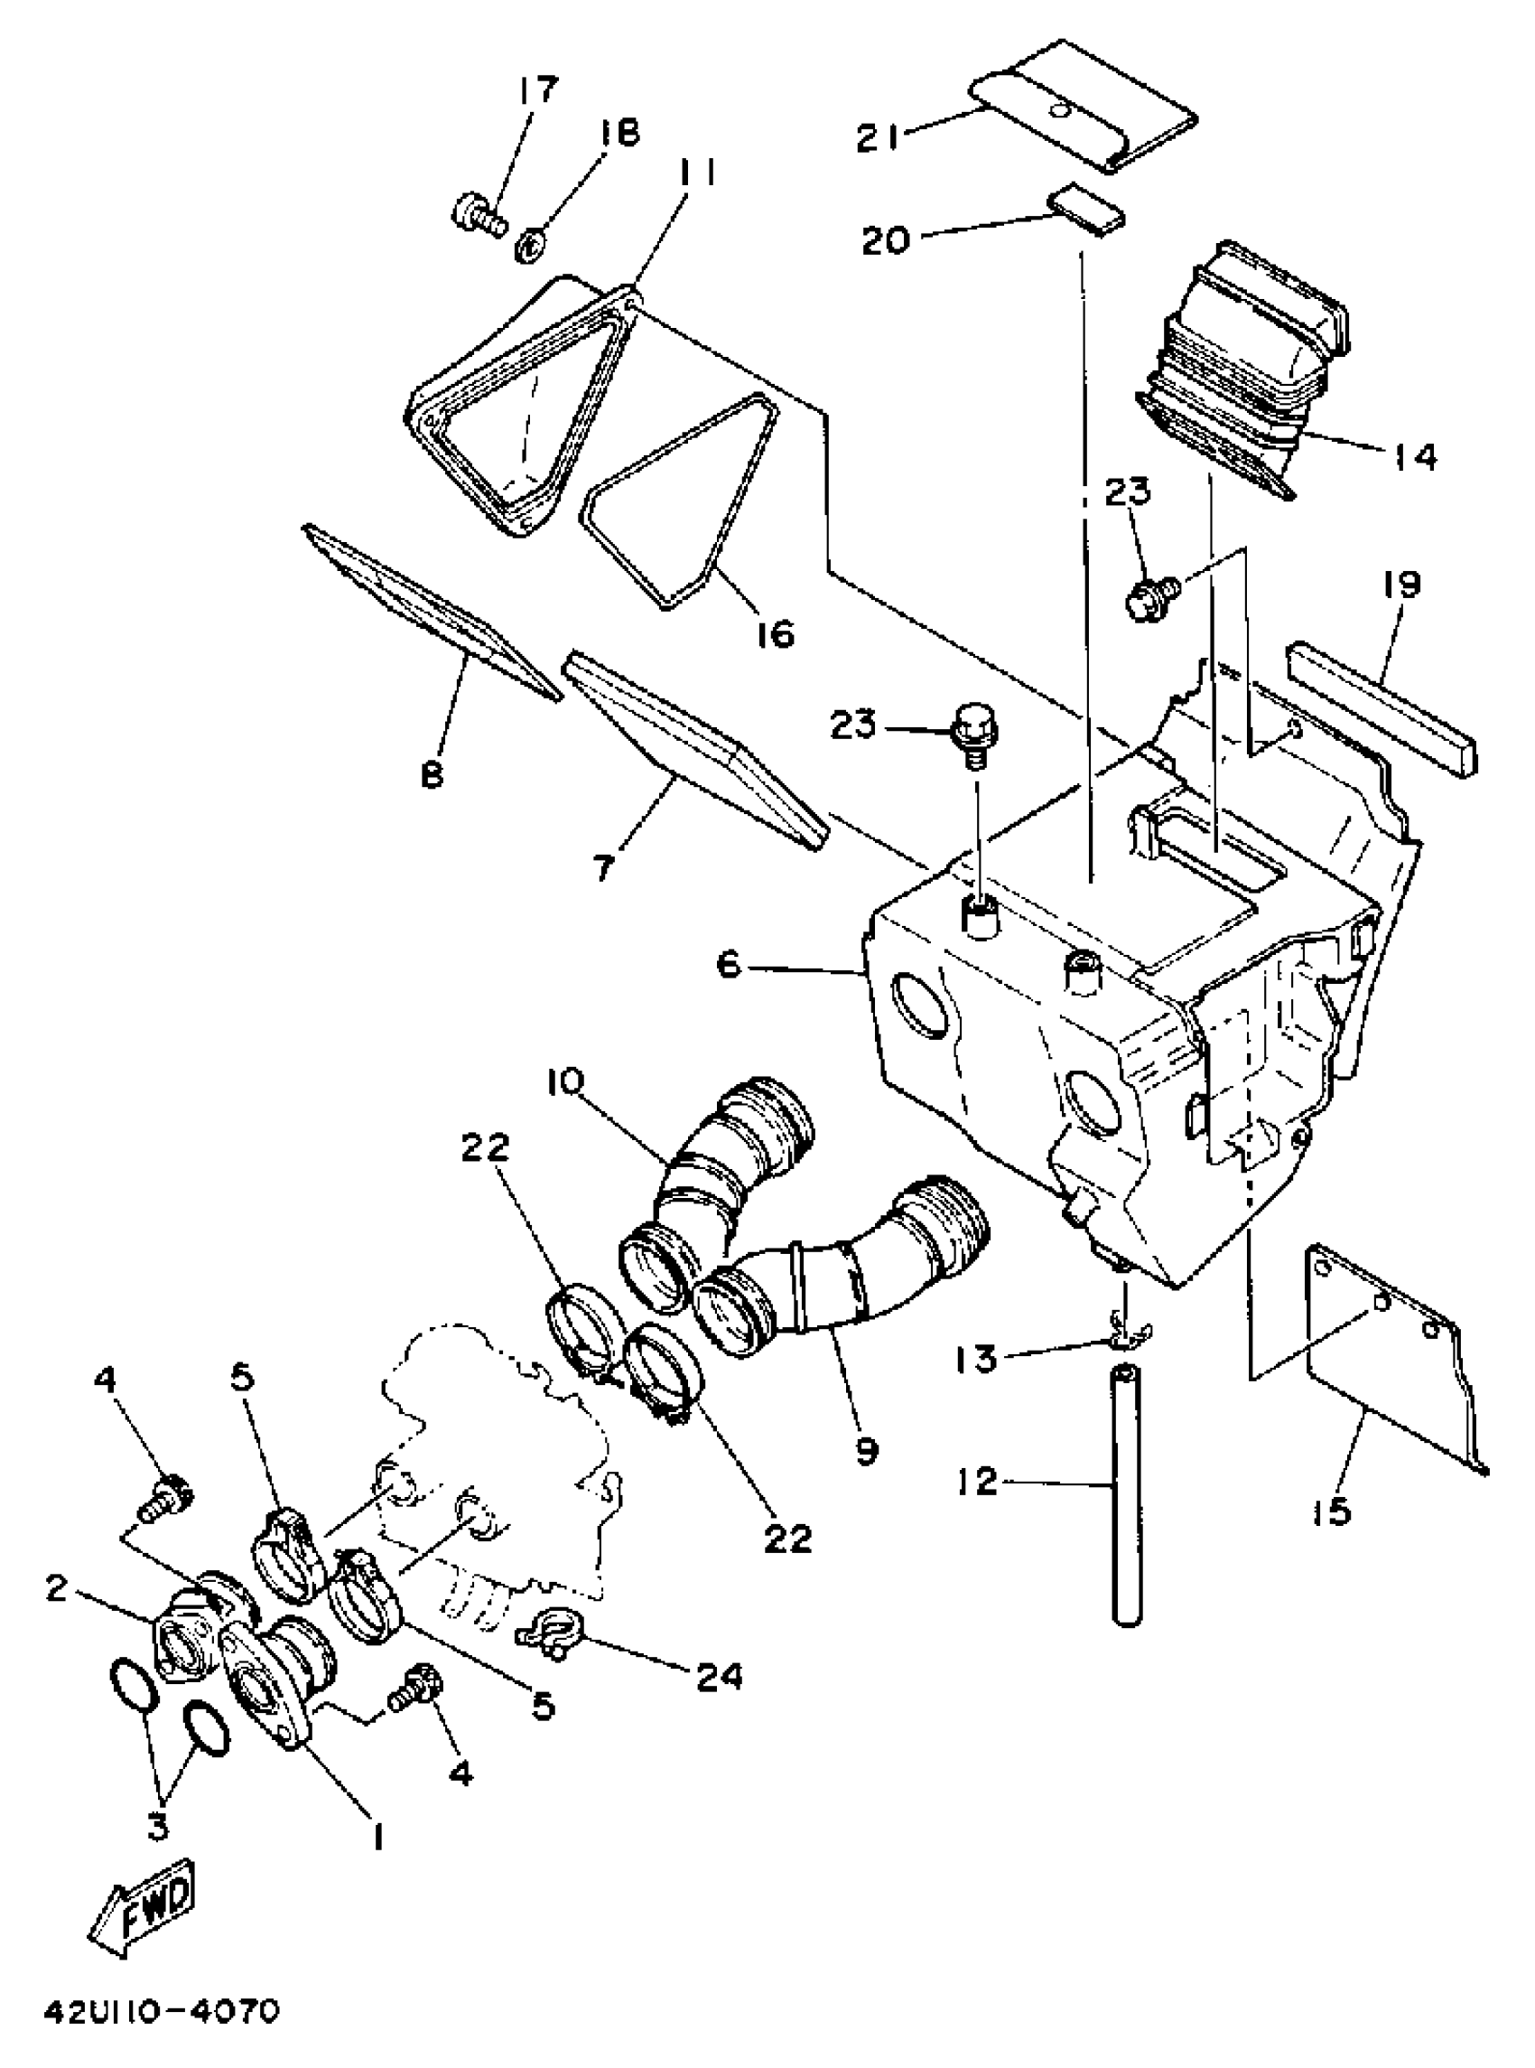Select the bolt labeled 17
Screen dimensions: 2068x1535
(x=477, y=213)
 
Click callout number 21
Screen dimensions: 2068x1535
(x=878, y=138)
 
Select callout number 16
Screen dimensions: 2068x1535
(x=775, y=634)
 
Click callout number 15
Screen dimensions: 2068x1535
(x=1332, y=1512)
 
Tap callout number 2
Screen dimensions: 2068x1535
(x=58, y=1588)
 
